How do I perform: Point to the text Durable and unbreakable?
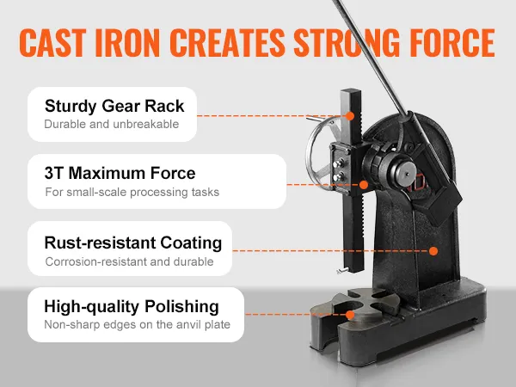[x=111, y=125]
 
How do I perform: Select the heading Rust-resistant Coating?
[x=133, y=242]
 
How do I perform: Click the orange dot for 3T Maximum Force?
[x=365, y=183]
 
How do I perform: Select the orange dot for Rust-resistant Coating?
[x=433, y=251]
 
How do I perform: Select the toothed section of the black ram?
[x=362, y=224]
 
